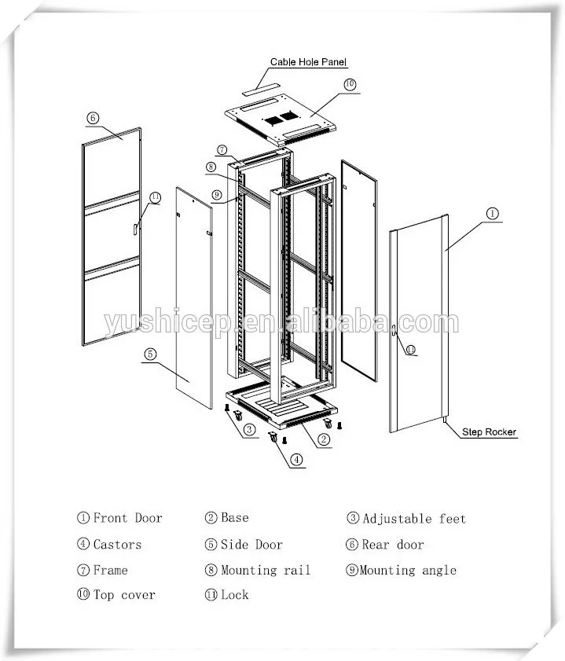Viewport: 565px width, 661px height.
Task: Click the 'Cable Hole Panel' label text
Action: click(x=308, y=61)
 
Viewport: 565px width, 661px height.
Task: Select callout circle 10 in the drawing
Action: click(x=350, y=84)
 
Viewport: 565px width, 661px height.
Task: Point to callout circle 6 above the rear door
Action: click(x=93, y=118)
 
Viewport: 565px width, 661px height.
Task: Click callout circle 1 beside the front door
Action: click(x=492, y=213)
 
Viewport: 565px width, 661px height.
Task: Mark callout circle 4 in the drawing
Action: click(x=295, y=459)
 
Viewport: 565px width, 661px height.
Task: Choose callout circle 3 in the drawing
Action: click(x=248, y=429)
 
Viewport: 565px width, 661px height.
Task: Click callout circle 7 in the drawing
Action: click(x=222, y=149)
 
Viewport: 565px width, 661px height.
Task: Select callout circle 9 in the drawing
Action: click(x=215, y=195)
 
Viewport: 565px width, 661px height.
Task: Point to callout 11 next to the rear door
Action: click(x=155, y=196)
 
